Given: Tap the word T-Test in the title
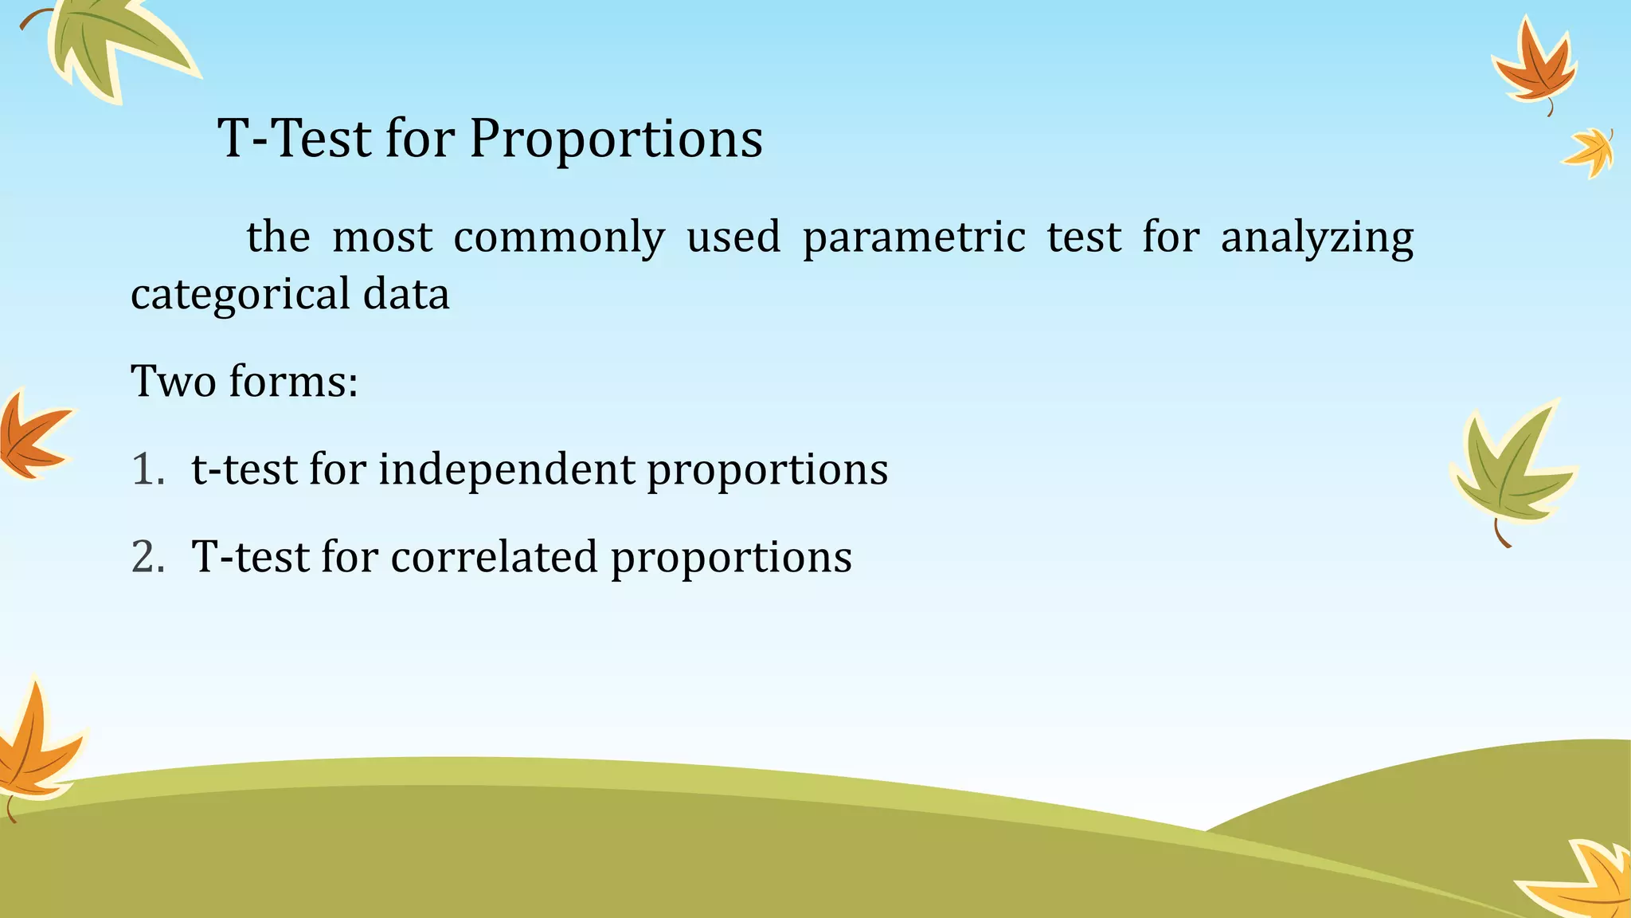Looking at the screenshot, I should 295,139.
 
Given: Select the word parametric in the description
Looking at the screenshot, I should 913,237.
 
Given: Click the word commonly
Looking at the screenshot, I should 558,237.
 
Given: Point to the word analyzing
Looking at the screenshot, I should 1316,237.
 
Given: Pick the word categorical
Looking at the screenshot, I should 240,294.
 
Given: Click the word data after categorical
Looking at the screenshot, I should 406,294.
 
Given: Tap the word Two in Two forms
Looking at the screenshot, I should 173,381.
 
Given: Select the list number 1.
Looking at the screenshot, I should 147,469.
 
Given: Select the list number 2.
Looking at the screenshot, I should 147,557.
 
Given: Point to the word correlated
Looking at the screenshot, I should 494,557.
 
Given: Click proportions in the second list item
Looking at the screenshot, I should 731,557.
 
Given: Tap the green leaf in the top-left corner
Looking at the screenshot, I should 111,44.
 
